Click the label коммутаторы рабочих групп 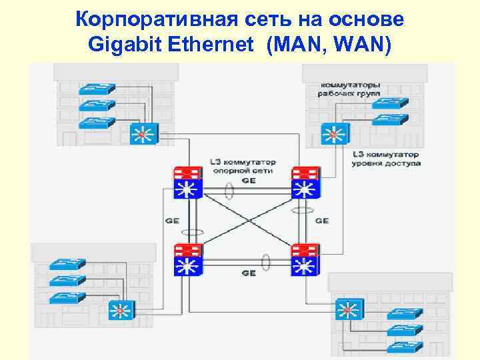coord(351,90)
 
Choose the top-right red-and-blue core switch coord(305,182)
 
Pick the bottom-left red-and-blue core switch coord(187,261)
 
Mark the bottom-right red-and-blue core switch coord(305,261)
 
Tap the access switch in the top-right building coord(333,133)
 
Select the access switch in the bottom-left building coord(121,310)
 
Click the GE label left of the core coord(171,220)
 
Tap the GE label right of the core coord(321,220)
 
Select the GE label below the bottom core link coord(248,273)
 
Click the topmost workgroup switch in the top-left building coord(96,89)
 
